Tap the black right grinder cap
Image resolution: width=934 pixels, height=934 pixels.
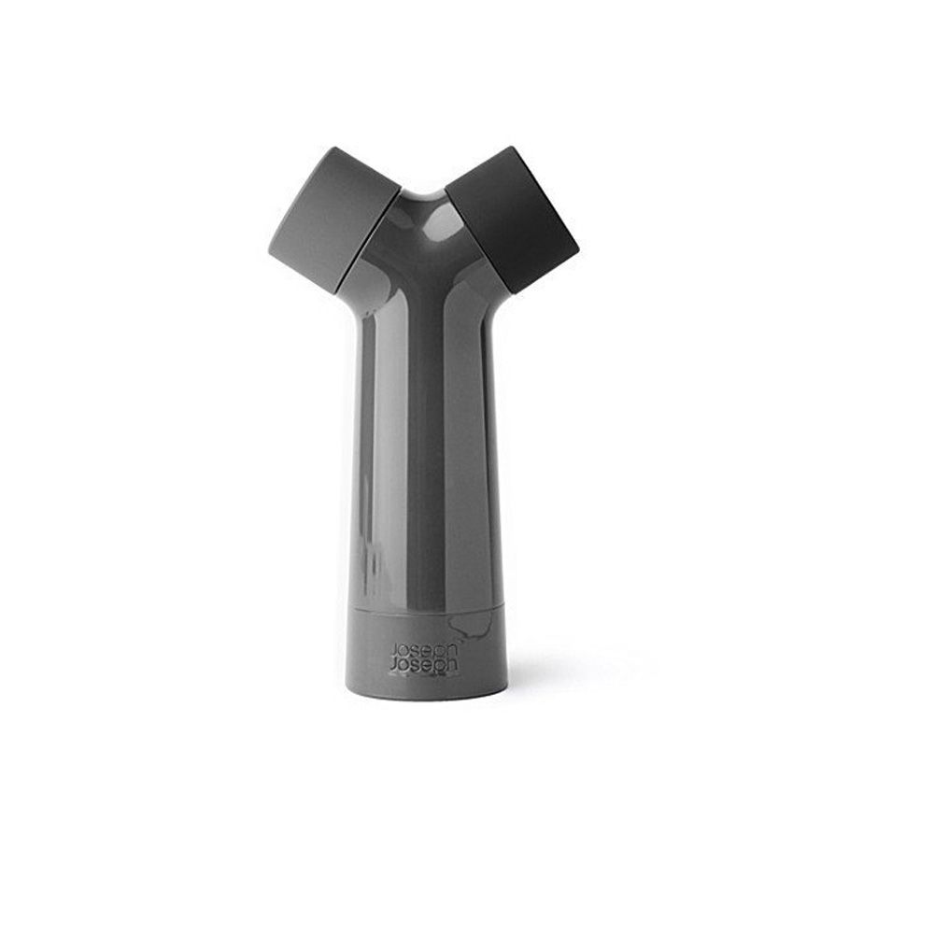pyautogui.click(x=512, y=219)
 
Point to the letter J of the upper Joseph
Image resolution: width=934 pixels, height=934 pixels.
pyautogui.click(x=393, y=650)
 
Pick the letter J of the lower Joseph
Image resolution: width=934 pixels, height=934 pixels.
pyautogui.click(x=393, y=666)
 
